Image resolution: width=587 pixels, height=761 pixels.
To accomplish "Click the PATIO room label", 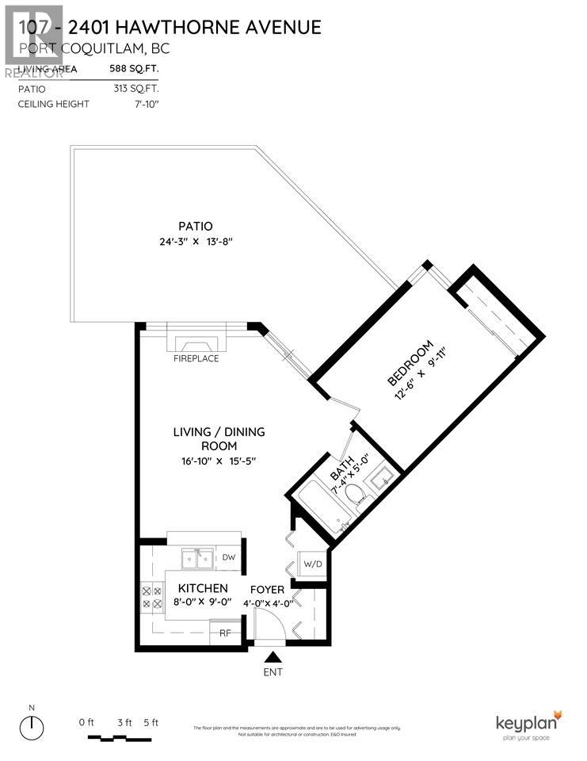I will point(195,225).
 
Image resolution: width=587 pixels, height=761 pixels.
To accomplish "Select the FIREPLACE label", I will point(196,358).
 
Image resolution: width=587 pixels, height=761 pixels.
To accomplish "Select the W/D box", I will point(314,564).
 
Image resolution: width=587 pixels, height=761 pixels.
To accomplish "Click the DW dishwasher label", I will point(228,558).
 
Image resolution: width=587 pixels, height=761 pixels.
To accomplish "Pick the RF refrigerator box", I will point(224,633).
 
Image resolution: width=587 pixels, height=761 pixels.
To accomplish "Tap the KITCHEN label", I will point(203,589).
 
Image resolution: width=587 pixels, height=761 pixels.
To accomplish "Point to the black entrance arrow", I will point(273,656).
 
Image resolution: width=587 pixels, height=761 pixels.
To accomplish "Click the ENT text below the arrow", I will point(273,672).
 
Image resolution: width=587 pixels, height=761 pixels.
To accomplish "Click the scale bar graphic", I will point(119,738).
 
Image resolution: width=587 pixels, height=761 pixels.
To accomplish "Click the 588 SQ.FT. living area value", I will point(134,69).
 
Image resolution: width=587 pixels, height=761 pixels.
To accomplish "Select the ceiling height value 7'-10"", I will point(146,104).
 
